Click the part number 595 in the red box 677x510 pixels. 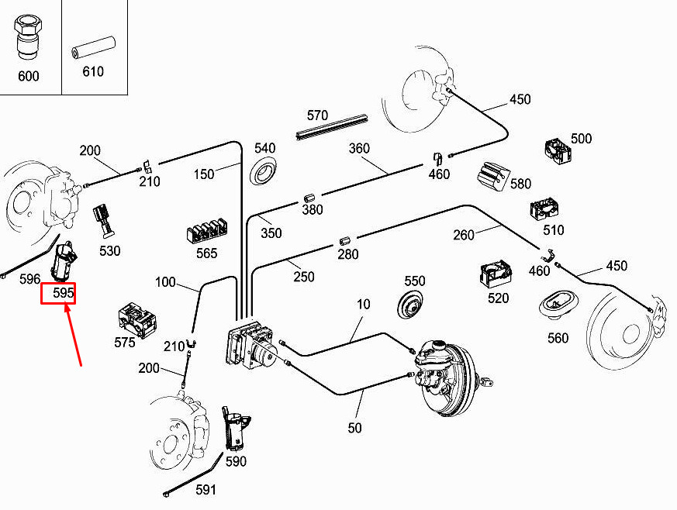point(58,293)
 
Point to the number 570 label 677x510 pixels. point(317,115)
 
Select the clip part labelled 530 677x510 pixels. point(103,219)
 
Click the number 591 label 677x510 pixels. point(206,490)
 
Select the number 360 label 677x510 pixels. point(359,148)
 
